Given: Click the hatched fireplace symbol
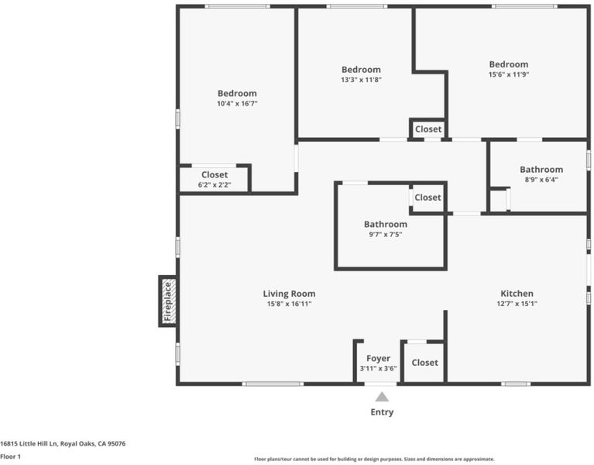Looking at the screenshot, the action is [169, 301].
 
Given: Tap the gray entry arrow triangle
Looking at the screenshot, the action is [382, 397].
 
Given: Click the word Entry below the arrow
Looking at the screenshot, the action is [382, 412].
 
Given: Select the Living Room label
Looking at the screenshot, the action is [289, 294].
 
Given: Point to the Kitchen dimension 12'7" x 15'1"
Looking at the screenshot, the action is [517, 304].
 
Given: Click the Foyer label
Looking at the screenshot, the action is [378, 359].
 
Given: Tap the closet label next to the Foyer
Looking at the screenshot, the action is [424, 363].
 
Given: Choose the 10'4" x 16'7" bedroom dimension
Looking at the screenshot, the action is [237, 103].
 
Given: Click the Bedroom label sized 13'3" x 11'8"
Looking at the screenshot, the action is [361, 70].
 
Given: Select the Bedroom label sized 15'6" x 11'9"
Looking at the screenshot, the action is [508, 64].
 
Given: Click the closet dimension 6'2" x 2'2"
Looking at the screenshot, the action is [215, 185].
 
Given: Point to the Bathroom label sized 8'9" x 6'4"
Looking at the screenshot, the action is [541, 170].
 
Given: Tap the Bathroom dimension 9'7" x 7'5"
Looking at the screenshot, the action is [386, 235].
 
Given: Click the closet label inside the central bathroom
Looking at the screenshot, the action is [427, 198].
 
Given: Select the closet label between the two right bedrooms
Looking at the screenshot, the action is [428, 129].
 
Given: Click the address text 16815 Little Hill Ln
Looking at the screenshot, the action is [29, 443].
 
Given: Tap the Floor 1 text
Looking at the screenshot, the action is [10, 456].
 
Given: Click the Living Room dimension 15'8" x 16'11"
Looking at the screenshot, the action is [289, 304].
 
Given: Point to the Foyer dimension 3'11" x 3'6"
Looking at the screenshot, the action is [378, 368].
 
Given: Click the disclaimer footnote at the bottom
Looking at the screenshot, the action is [374, 460].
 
